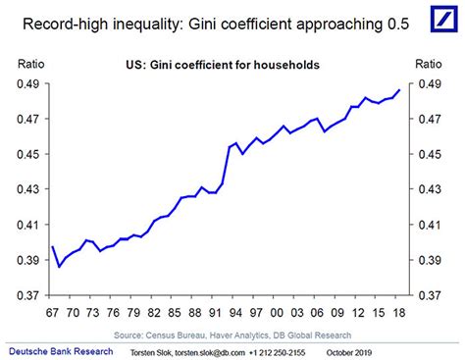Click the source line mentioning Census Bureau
click(x=226, y=334)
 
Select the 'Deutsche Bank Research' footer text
click(x=59, y=350)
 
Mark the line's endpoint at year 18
click(x=398, y=90)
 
